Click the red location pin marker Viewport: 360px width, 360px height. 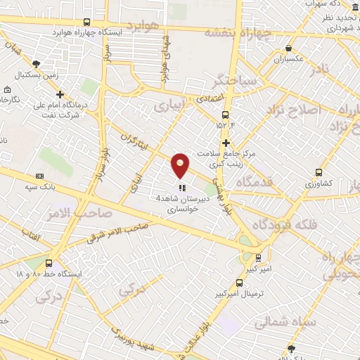pyautogui.click(x=181, y=165)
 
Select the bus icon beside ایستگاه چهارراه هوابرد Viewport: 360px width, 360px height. pyautogui.click(x=86, y=22)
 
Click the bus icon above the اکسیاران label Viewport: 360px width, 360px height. pyautogui.click(x=289, y=49)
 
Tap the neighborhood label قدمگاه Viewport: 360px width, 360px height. pyautogui.click(x=257, y=184)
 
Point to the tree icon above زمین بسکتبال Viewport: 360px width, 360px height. pyautogui.click(x=37, y=64)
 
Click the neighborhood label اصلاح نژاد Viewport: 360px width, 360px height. pyautogui.click(x=294, y=110)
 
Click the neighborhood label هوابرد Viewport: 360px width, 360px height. pyautogui.click(x=147, y=27)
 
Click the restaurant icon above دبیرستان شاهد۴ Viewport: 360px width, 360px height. pyautogui.click(x=181, y=188)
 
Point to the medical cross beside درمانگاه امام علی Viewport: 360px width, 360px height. pyautogui.click(x=60, y=94)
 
